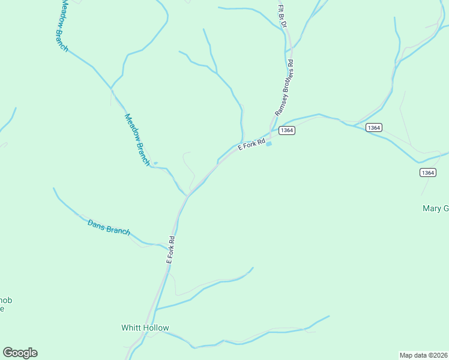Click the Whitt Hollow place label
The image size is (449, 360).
(x=145, y=328)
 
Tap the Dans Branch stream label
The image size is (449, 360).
(x=109, y=227)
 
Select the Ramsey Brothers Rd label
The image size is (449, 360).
(x=284, y=88)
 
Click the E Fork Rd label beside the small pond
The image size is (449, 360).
(x=252, y=145)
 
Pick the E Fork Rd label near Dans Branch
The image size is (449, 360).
(x=171, y=250)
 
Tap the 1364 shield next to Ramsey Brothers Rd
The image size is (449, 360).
(x=287, y=130)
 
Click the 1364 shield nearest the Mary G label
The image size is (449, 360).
(x=427, y=172)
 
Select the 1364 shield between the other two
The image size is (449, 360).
(x=373, y=128)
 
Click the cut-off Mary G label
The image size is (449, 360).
(x=436, y=209)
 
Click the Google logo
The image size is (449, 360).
(x=20, y=353)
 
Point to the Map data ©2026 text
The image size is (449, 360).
(x=423, y=355)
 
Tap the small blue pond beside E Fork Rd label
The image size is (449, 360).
(x=268, y=143)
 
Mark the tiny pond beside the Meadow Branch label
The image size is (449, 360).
(x=155, y=163)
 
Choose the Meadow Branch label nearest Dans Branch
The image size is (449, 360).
(x=137, y=139)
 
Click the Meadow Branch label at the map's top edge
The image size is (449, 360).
(x=62, y=25)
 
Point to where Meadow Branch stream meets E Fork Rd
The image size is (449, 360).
(x=188, y=196)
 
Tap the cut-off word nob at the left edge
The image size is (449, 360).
(x=5, y=300)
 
